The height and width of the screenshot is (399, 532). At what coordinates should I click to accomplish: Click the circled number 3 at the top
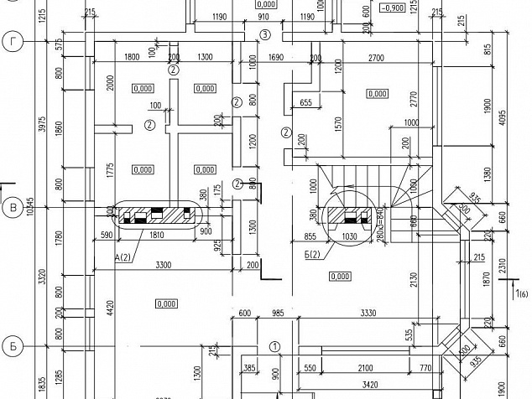[265, 34]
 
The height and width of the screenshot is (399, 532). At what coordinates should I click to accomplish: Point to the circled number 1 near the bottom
[274, 345]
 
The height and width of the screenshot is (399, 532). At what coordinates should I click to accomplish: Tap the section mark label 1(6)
[522, 293]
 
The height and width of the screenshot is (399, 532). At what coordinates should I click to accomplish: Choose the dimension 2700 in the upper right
[377, 57]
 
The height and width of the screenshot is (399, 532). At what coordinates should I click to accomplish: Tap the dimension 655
[305, 103]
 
